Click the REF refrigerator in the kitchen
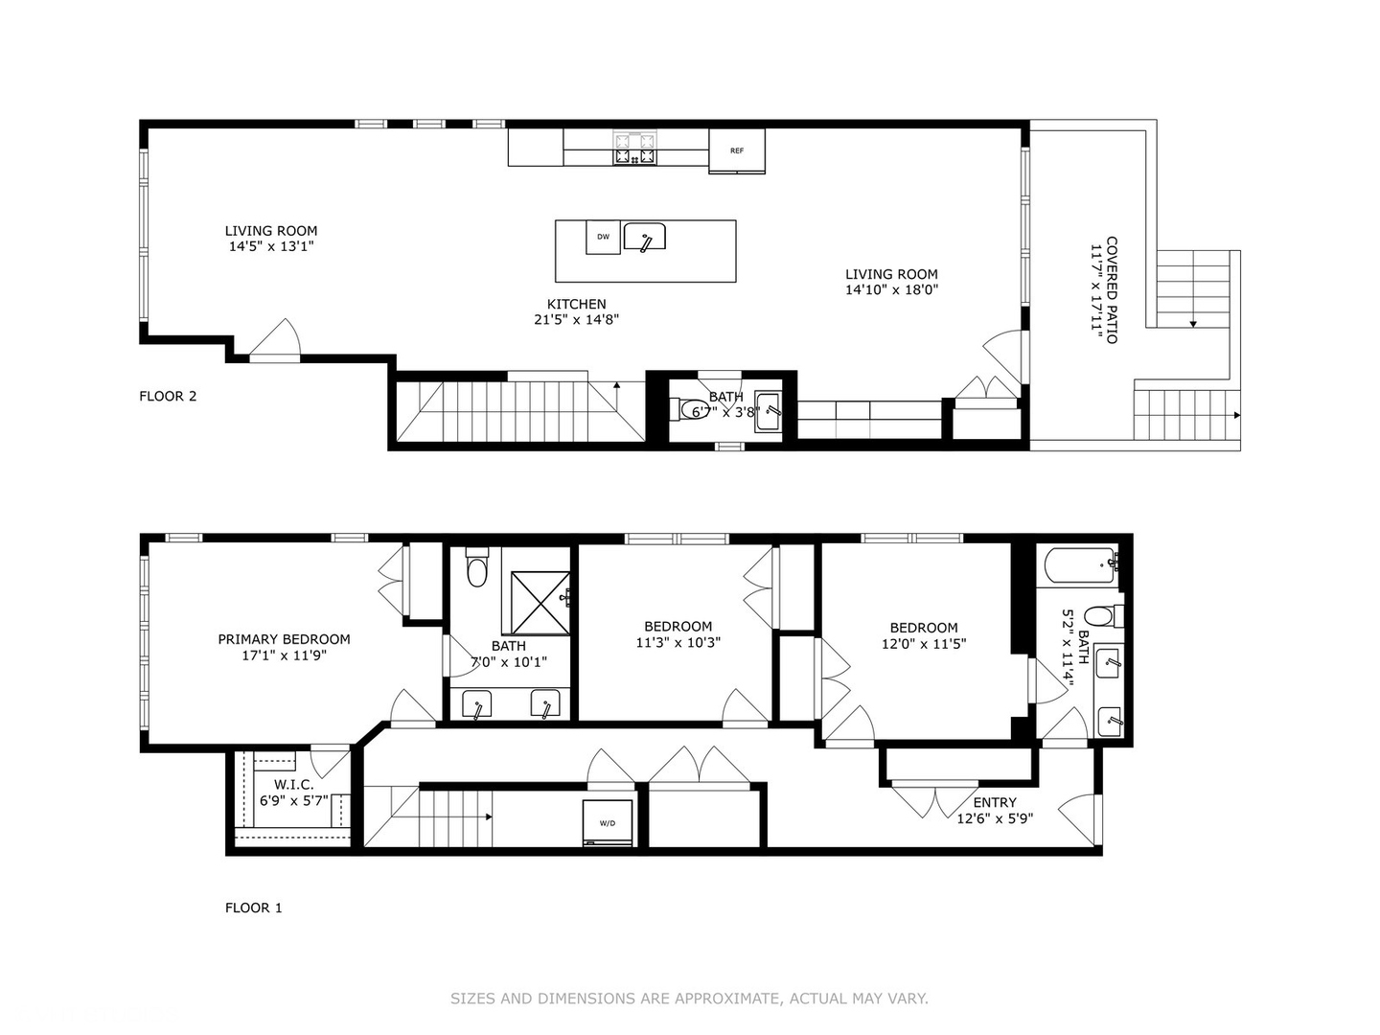737,151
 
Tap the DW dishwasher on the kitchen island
603,238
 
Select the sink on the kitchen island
644,237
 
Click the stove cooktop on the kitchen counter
635,149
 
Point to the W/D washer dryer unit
608,822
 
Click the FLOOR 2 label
168,396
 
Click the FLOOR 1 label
254,908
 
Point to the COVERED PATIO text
1112,289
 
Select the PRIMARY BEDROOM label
284,639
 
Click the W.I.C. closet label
293,785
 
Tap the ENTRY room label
995,803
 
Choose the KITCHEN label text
576,304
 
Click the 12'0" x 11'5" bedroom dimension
923,644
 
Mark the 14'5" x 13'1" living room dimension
271,246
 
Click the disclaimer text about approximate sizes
689,999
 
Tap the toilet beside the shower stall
476,570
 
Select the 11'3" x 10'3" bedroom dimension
678,642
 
